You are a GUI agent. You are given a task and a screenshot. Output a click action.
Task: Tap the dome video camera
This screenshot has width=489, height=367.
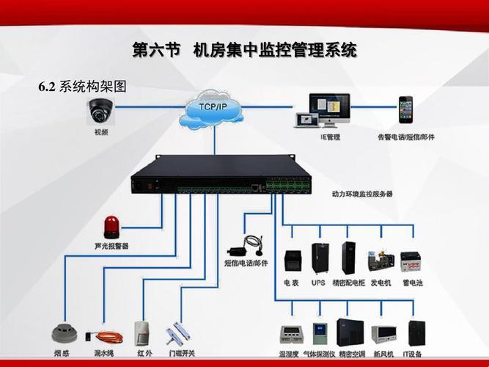tap(100, 110)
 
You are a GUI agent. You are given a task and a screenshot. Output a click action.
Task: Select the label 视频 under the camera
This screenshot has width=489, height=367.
tap(100, 132)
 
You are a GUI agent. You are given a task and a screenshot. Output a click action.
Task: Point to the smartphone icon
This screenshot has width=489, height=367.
tap(405, 110)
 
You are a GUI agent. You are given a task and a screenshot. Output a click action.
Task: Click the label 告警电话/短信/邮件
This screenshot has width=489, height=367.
tap(405, 137)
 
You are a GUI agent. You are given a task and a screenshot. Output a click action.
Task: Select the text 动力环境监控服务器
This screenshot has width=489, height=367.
tap(362, 194)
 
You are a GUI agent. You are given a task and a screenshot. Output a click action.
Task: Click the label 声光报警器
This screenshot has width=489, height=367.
tap(111, 246)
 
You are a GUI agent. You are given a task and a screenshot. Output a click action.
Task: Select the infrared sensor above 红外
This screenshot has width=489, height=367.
tap(144, 332)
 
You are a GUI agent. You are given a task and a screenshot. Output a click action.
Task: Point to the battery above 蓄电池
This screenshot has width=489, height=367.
tap(410, 261)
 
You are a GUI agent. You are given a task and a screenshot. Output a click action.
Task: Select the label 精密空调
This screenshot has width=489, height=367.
tap(350, 354)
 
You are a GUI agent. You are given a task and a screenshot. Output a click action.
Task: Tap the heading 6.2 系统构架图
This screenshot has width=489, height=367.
tap(82, 87)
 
